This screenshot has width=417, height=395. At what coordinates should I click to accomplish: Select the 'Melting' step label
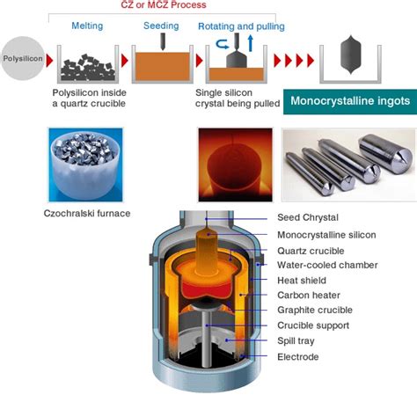(88, 26)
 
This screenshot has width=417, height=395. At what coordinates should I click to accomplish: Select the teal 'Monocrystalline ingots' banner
(349, 101)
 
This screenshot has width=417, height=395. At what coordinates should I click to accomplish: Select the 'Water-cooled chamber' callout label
(327, 265)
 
